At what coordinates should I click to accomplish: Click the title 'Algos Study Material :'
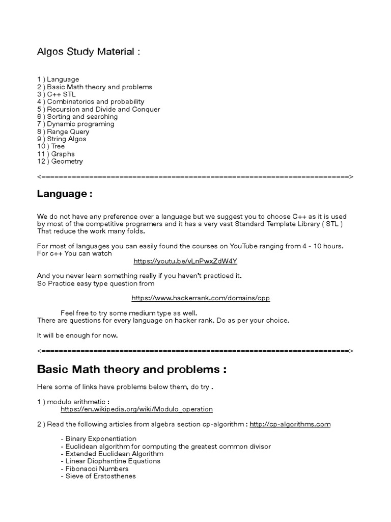pyautogui.click(x=88, y=52)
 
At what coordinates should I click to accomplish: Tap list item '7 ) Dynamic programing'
pyautogui.click(x=76, y=124)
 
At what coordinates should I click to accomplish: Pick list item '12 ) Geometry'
pyautogui.click(x=60, y=161)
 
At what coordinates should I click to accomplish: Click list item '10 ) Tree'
pyautogui.click(x=51, y=146)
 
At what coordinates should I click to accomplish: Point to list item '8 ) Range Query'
pyautogui.click(x=64, y=132)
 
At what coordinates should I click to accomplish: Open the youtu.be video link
pyautogui.click(x=185, y=261)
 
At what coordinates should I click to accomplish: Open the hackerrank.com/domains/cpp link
pyautogui.click(x=201, y=298)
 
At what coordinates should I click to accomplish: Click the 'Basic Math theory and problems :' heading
pyautogui.click(x=132, y=370)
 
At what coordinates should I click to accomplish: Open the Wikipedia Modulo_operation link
pyautogui.click(x=136, y=409)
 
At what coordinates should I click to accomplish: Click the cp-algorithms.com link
pyautogui.click(x=290, y=424)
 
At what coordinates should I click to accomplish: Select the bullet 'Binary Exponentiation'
pyautogui.click(x=98, y=439)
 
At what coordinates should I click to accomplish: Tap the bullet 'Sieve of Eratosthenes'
pyautogui.click(x=98, y=476)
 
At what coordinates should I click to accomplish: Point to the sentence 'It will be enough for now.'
pyautogui.click(x=77, y=335)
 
